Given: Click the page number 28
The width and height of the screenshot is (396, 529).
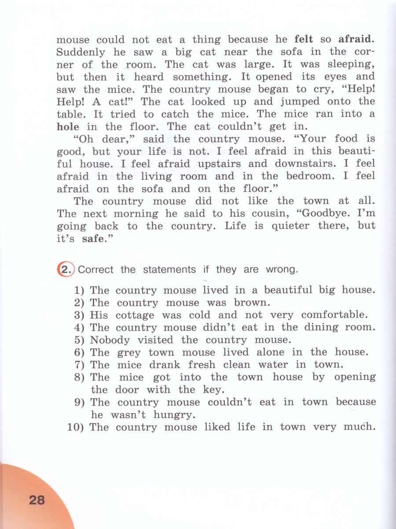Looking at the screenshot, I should pyautogui.click(x=37, y=500).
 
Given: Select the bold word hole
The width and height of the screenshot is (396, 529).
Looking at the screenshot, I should pyautogui.click(x=68, y=127).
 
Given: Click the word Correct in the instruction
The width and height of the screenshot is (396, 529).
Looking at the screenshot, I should pyautogui.click(x=95, y=270).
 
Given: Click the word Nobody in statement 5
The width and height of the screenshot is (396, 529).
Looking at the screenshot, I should pyautogui.click(x=110, y=340).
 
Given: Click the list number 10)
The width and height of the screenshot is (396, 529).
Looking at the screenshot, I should pyautogui.click(x=76, y=427).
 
